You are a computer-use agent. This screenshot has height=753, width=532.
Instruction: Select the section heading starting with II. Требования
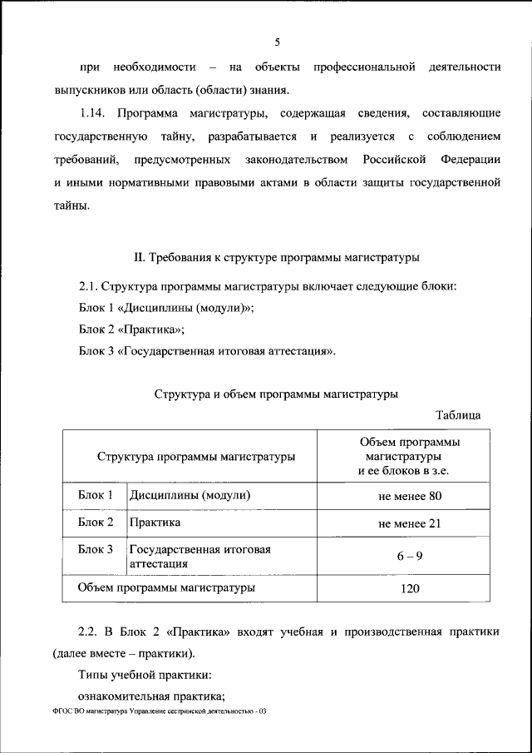277,256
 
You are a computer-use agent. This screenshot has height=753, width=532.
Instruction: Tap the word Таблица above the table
458,414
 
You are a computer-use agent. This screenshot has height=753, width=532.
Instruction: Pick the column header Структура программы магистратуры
195,457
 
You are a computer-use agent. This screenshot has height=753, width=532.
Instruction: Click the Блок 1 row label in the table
96,496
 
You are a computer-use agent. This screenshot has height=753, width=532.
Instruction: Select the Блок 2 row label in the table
96,523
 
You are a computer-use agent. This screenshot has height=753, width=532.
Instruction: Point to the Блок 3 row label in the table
96,549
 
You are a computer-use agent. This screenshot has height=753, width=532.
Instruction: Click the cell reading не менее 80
409,497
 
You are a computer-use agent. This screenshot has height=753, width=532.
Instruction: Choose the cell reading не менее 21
409,523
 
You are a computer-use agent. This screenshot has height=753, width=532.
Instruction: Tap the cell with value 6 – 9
409,556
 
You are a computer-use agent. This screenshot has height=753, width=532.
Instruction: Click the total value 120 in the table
409,588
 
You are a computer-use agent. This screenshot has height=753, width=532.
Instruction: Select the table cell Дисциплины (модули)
190,496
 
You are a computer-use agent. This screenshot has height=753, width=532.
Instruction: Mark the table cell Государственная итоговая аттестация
199,556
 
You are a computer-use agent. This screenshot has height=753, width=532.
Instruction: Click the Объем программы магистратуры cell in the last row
166,587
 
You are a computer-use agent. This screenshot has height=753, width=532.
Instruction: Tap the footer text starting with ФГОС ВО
158,711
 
